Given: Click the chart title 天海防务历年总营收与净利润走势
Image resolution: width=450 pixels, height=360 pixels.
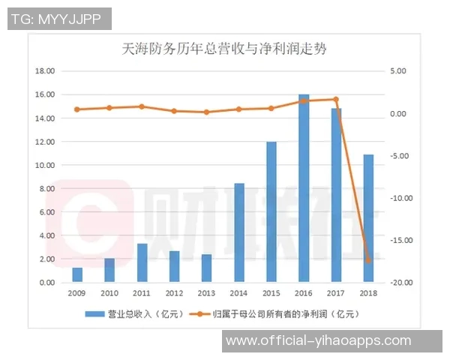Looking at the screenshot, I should coord(224,50).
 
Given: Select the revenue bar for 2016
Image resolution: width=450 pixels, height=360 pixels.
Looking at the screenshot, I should coord(304,188).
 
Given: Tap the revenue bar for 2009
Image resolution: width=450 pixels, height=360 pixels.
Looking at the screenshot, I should coord(77,274).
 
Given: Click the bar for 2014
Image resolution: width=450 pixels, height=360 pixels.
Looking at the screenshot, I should coord(238,232).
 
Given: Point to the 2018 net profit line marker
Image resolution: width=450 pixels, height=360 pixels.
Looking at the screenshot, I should coord(368,260).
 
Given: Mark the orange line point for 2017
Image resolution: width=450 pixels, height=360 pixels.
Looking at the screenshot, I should coord(336,99).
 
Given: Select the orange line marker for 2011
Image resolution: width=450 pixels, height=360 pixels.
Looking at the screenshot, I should coord(142,106).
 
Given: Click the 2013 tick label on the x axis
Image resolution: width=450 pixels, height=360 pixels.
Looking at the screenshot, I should coord(206,292).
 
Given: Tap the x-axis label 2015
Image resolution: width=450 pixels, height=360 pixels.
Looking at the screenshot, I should coord(271,292).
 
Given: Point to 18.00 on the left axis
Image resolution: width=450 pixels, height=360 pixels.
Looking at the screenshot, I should coord(46,71).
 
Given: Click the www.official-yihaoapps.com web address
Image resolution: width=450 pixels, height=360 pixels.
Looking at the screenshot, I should coord(319,340).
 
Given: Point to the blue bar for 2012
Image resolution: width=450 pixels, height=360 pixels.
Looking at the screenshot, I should coord(174,266).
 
